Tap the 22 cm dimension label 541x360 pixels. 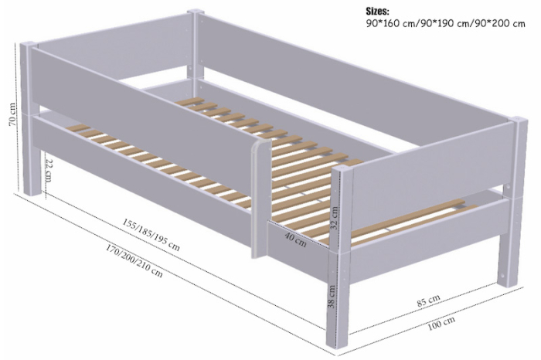[x=48, y=168]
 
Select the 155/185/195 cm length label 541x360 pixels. [x=151, y=231]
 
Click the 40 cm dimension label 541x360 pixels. [x=294, y=238]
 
